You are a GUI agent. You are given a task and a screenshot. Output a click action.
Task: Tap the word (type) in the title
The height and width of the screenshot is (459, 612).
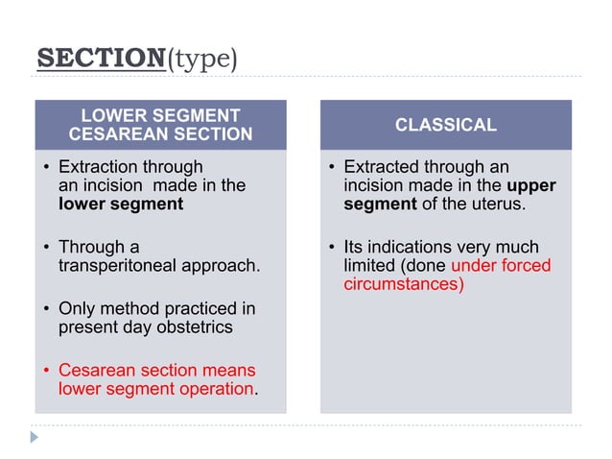(x=202, y=60)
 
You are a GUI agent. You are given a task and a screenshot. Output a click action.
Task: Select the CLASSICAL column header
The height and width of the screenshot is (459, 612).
(x=445, y=125)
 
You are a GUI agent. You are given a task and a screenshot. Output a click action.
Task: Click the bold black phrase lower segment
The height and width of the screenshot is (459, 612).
(x=121, y=204)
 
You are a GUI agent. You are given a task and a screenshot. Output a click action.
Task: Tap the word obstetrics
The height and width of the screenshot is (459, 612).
(x=195, y=327)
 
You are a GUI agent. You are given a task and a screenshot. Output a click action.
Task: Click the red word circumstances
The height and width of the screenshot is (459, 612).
(x=404, y=284)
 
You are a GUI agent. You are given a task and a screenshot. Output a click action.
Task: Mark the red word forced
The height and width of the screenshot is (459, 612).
(x=528, y=266)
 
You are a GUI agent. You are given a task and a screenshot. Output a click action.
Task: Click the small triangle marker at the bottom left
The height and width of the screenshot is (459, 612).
(x=35, y=437)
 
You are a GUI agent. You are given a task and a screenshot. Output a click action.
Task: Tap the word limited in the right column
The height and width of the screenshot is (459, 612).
(x=372, y=266)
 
